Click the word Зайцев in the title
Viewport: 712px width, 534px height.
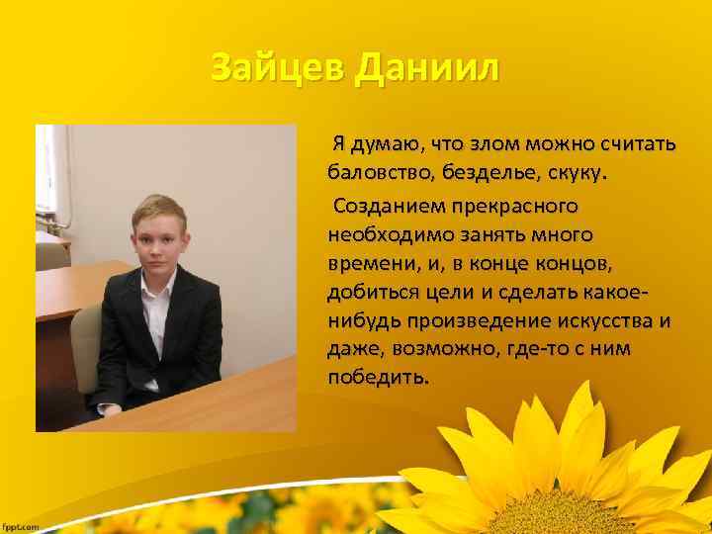coord(276,69)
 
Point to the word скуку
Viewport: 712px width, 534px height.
coord(578,174)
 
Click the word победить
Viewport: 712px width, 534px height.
coord(379,378)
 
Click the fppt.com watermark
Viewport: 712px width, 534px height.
coord(21,526)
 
